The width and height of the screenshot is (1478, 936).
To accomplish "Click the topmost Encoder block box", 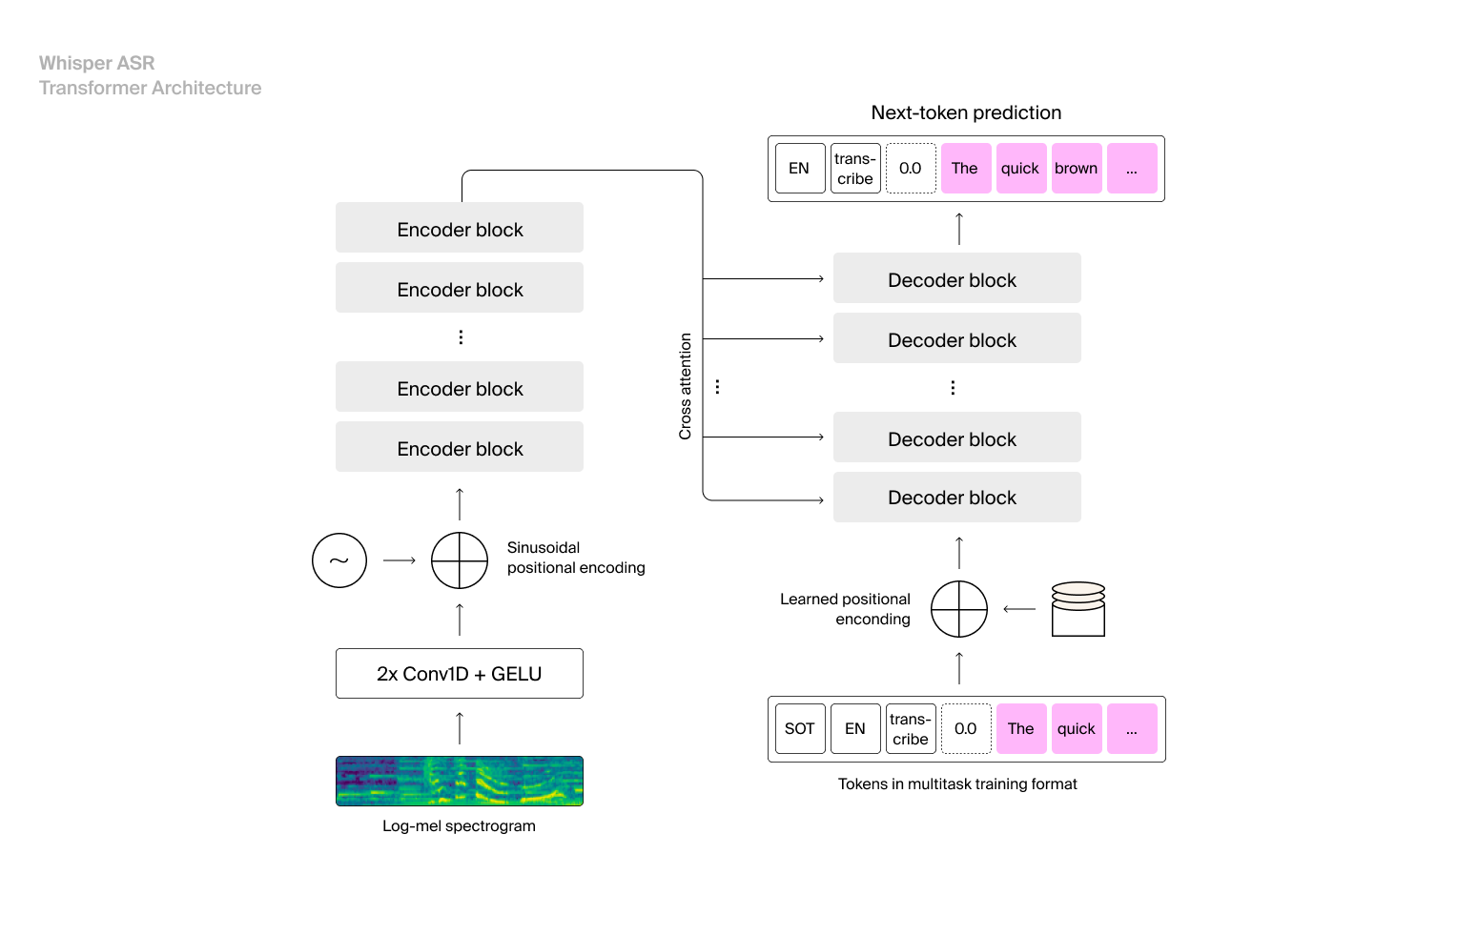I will (x=459, y=228).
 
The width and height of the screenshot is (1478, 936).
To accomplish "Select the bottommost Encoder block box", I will (x=459, y=447).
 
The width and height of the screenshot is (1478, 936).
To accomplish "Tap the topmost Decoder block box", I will (x=956, y=278).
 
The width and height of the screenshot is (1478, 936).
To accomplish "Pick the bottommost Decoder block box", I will (x=956, y=498).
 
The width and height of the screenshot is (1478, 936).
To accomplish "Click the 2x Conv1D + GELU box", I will (x=459, y=674).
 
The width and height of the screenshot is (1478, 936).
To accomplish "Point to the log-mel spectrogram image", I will (x=459, y=781).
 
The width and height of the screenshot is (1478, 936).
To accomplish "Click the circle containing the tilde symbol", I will (x=339, y=560).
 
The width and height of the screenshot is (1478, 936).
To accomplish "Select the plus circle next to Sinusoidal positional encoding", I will (x=460, y=560).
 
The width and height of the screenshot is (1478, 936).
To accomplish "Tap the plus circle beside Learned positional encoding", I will (x=958, y=609).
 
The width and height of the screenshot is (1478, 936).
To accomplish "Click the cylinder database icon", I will (x=1078, y=609).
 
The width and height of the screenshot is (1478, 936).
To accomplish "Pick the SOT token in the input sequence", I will (x=799, y=729).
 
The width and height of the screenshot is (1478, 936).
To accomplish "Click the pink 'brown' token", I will (x=1077, y=169).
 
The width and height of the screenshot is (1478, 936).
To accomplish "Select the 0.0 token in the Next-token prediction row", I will (x=911, y=169).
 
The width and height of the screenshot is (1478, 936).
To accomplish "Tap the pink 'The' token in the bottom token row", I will (x=1020, y=729).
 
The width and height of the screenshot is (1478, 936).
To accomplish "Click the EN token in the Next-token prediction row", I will (x=799, y=169).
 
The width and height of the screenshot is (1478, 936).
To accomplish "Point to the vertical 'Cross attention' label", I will (x=685, y=386).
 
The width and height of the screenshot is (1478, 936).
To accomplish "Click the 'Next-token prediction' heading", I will (x=966, y=112).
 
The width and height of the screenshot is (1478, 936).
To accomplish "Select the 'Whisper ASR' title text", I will (x=96, y=63).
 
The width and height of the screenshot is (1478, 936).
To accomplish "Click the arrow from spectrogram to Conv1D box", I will (x=460, y=727).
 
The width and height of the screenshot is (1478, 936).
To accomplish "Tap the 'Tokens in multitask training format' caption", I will (x=957, y=783).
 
